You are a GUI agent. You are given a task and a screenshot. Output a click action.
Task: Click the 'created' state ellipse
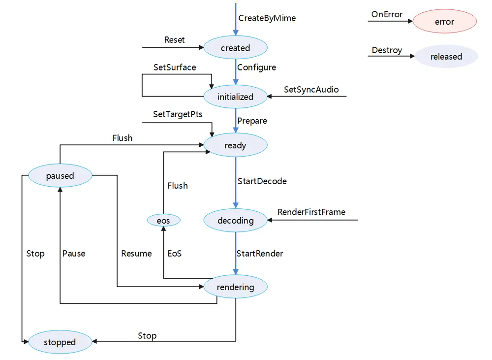(x=235, y=47)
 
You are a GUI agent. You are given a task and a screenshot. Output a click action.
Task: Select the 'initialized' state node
(x=235, y=97)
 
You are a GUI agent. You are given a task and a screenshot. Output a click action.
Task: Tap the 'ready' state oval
(x=235, y=145)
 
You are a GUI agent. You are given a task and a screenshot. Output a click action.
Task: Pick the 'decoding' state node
(x=235, y=220)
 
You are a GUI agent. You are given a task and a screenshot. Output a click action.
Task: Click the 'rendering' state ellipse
(x=235, y=287)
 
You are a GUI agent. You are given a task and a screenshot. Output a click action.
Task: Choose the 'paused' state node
(x=60, y=175)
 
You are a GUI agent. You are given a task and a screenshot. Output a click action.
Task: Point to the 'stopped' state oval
(x=60, y=342)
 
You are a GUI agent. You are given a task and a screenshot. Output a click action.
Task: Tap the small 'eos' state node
(x=163, y=220)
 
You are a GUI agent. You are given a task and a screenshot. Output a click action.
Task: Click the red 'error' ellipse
(x=445, y=21)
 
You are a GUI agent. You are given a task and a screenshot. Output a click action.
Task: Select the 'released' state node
(x=446, y=57)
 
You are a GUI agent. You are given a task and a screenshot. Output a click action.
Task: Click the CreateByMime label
(x=267, y=18)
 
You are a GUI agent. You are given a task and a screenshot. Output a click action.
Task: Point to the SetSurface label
(x=175, y=67)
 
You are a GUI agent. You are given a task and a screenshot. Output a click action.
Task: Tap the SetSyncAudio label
(x=311, y=90)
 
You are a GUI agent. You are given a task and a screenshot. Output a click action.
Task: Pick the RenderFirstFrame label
(x=311, y=212)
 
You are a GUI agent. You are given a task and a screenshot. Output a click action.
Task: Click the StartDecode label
(x=262, y=181)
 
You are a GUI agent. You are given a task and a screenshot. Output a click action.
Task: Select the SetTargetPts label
(x=178, y=114)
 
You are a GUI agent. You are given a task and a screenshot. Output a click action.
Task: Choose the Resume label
(x=136, y=254)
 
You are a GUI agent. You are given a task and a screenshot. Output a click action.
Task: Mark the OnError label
(x=387, y=14)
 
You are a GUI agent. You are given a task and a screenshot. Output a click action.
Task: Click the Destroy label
(x=387, y=50)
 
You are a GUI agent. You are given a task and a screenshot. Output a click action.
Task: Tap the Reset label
(x=175, y=40)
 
